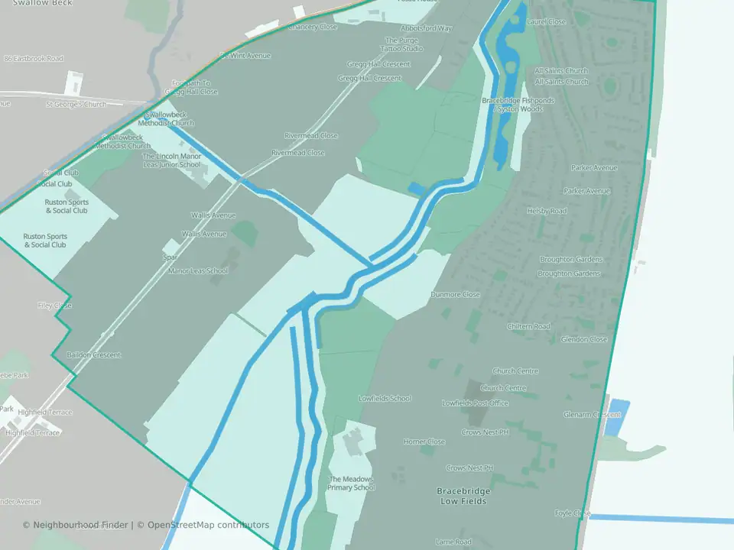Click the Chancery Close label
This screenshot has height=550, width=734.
coord(313,27)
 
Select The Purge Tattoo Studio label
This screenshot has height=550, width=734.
coord(403,44)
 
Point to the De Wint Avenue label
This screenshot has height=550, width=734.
coord(245,56)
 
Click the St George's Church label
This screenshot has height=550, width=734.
coord(76,104)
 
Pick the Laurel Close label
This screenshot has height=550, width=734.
coord(546,22)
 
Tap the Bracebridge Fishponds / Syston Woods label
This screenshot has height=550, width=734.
coord(518,105)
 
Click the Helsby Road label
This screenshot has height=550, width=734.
coord(546,211)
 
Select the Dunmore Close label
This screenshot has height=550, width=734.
coord(455,295)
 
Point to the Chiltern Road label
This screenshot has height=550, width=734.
coord(528,326)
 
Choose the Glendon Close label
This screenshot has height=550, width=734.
coord(583,339)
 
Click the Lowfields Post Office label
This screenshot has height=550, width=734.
coord(475,403)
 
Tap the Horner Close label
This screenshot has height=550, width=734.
coord(424,442)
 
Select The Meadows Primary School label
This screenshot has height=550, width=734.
coord(352,483)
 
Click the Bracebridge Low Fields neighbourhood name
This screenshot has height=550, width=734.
coord(461,496)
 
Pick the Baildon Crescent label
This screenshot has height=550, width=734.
coord(93,355)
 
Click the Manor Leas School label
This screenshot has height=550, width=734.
coord(197,270)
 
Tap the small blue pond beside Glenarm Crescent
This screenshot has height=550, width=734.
coord(615,417)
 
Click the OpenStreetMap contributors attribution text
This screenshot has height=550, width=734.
coord(208,525)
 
